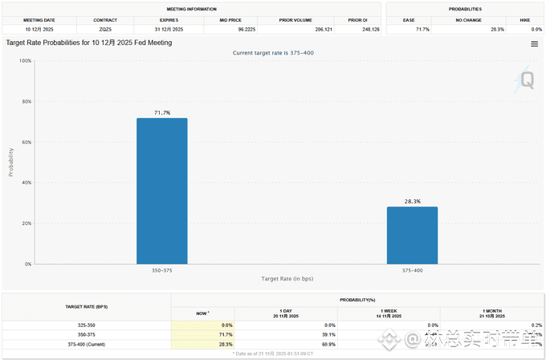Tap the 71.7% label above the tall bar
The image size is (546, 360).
[161, 112]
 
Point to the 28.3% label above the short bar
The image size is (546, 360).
[412, 201]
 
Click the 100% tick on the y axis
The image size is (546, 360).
[26, 61]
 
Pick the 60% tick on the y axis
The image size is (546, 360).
[26, 142]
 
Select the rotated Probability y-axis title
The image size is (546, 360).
[11, 162]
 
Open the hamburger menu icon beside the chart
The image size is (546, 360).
[534, 44]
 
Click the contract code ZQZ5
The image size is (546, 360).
[104, 29]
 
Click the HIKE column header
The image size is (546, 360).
[524, 18]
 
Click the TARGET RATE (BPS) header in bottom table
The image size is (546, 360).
[87, 307]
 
